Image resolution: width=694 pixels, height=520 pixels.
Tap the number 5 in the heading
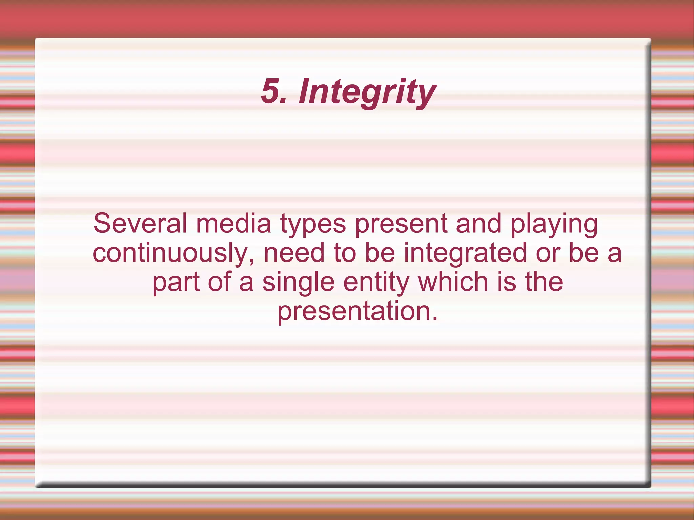click(271, 91)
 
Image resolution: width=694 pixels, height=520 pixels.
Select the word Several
click(140, 223)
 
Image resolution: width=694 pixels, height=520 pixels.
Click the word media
click(233, 223)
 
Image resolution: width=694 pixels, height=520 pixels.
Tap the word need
click(294, 253)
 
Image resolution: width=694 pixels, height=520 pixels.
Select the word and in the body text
click(478, 223)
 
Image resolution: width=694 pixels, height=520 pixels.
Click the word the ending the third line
click(544, 282)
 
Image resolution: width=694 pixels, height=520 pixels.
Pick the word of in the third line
click(219, 282)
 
